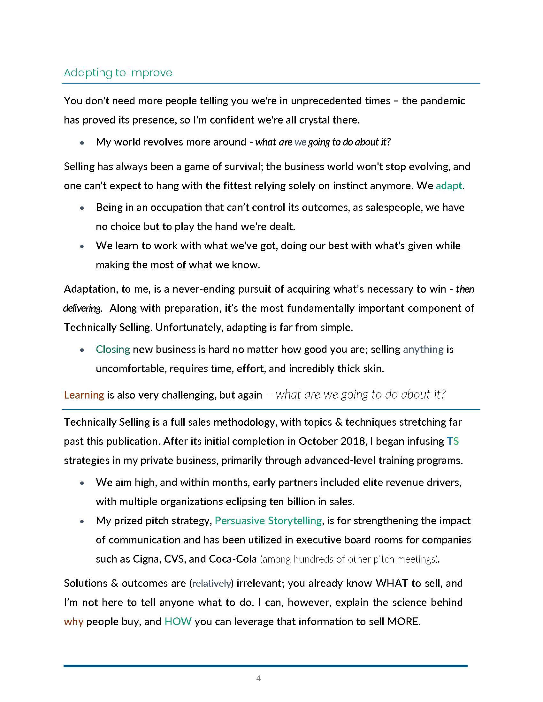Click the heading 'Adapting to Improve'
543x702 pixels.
click(118, 73)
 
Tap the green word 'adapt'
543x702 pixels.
click(449, 186)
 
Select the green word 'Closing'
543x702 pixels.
click(112, 349)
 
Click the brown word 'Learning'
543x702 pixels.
click(84, 395)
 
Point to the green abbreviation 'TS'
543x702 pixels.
click(453, 441)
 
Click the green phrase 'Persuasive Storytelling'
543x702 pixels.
click(268, 521)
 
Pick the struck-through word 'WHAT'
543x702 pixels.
click(392, 583)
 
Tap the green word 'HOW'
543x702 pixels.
click(178, 622)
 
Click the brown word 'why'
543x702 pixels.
click(73, 622)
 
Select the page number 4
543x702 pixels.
click(258, 678)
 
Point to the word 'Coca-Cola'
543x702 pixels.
click(233, 559)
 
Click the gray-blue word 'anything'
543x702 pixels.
click(423, 349)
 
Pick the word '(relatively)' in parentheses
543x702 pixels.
click(211, 583)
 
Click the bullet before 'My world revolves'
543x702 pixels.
click(82, 142)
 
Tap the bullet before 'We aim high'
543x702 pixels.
click(82, 483)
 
